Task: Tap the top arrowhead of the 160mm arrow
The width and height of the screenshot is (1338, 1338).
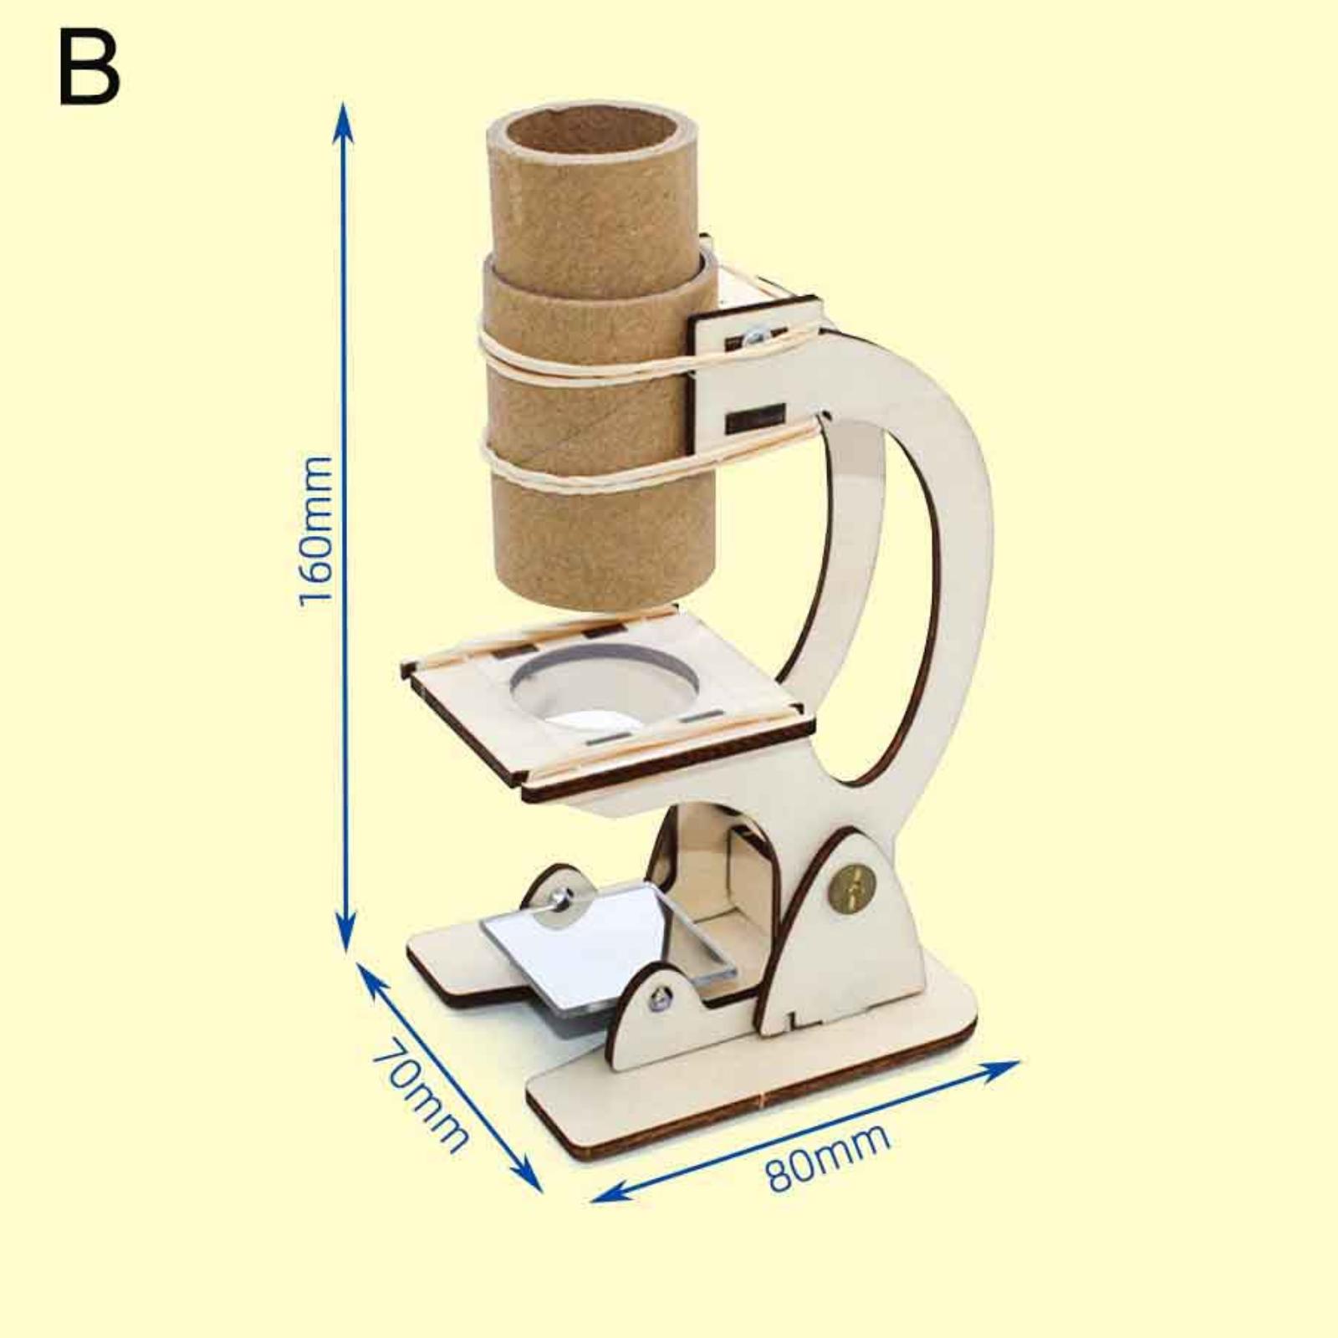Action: (x=341, y=113)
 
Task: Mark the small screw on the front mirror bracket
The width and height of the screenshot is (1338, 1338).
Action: (x=661, y=997)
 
